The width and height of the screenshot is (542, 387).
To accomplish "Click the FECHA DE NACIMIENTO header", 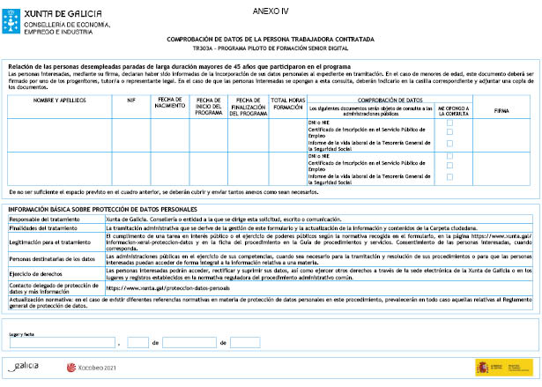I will coord(168,107).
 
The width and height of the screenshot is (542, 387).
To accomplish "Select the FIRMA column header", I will coord(501,112).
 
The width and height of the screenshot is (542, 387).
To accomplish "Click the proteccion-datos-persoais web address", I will coord(161,287).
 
